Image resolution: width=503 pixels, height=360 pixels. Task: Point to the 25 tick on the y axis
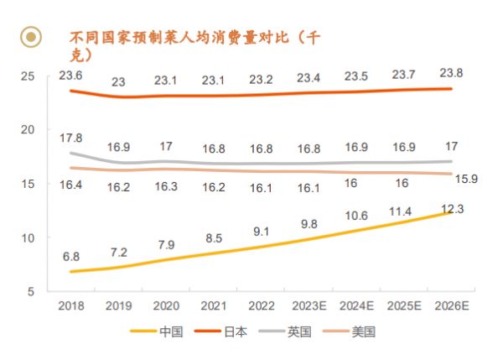click(27, 76)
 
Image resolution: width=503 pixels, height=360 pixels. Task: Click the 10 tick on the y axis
click(27, 237)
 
